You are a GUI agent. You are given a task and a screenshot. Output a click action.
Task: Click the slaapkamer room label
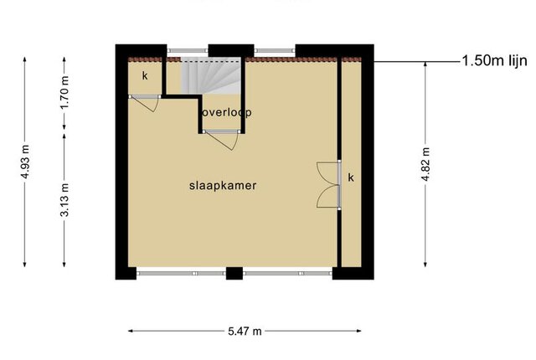tap(223, 186)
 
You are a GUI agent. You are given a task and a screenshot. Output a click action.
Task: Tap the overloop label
tap(227, 112)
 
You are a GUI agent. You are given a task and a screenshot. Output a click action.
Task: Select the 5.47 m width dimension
tap(245, 331)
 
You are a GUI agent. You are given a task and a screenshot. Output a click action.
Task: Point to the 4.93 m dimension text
tap(25, 162)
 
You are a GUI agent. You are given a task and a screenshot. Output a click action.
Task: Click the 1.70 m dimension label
tap(64, 92)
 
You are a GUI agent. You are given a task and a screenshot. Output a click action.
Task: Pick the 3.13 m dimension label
tap(64, 200)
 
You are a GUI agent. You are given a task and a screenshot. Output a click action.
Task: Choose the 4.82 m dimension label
tap(425, 164)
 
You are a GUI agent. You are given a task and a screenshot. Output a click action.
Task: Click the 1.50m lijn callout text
tap(494, 61)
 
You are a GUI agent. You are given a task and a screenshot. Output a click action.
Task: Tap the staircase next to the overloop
tap(211, 76)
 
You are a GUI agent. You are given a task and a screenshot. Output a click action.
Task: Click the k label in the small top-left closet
tap(145, 75)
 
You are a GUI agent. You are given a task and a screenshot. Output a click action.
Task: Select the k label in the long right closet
tap(351, 177)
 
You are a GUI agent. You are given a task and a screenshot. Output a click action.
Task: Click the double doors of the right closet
tap(329, 185)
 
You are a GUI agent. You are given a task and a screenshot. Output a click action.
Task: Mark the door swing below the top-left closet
tap(144, 104)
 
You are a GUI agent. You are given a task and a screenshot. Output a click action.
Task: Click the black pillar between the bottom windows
tap(234, 273)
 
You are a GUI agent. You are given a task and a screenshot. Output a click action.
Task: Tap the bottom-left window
tap(181, 273)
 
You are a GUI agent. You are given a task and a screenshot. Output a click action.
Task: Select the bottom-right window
tap(287, 273)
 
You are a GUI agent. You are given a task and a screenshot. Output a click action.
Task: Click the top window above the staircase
tap(188, 51)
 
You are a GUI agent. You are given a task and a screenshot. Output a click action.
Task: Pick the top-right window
tap(275, 51)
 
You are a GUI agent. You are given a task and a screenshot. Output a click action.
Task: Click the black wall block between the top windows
tap(231, 50)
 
